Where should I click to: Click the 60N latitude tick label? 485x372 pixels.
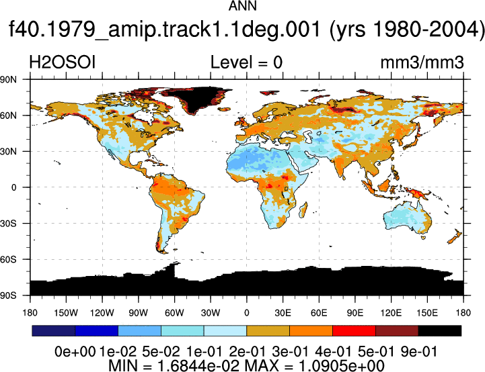[x=8, y=115]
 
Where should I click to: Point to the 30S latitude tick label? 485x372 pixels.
[x=8, y=224]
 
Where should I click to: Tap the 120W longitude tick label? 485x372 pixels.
[x=102, y=313]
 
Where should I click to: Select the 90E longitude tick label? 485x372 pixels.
[x=355, y=313]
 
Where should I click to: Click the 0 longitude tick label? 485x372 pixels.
[x=246, y=313]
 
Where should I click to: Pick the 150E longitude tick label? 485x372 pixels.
[x=427, y=313]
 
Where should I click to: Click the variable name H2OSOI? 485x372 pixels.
[x=62, y=62]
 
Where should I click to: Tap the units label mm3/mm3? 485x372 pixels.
[x=422, y=62]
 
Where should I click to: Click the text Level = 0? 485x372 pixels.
[x=246, y=62]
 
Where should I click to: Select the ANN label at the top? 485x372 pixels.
[x=242, y=6]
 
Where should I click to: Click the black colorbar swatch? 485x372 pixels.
[x=439, y=330]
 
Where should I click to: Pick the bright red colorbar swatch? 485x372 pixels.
[x=354, y=330]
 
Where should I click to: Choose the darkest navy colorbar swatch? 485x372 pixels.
[x=54, y=330]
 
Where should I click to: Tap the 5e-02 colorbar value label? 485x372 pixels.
[x=161, y=352]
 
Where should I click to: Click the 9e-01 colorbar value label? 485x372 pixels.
[x=418, y=352]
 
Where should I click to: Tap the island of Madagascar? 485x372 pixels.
[x=303, y=210]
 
